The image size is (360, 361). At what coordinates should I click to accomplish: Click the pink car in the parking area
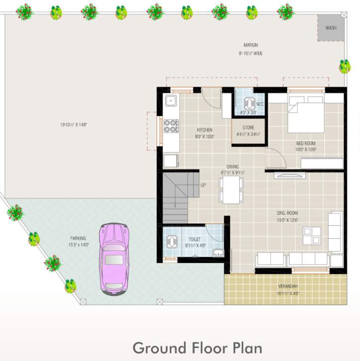tap(114, 258)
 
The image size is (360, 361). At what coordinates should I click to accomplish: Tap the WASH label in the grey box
tap(331, 28)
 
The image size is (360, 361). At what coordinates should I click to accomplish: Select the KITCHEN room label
tap(204, 130)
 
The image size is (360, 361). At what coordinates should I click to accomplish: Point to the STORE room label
tap(248, 128)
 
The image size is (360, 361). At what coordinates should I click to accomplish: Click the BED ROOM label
tap(306, 144)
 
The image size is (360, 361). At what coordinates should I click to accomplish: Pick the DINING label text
tap(232, 167)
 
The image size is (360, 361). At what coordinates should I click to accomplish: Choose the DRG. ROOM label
tap(287, 213)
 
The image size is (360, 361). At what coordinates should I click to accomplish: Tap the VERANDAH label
tap(288, 287)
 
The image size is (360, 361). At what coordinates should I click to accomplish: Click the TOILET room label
tap(194, 240)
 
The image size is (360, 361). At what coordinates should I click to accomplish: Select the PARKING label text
tap(78, 238)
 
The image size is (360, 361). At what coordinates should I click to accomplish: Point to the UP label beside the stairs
tap(203, 185)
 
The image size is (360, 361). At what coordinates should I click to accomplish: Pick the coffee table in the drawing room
tap(312, 235)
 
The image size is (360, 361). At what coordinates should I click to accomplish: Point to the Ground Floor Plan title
tap(197, 347)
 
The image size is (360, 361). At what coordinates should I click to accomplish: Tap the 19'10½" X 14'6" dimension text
tap(74, 125)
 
